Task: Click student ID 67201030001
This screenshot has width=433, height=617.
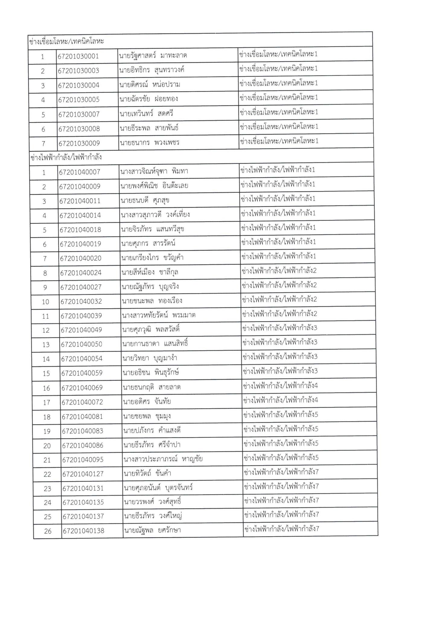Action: pos(78,56)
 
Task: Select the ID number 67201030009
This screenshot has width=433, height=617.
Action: pos(79,143)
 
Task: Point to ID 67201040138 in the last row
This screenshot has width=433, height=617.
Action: pos(83,531)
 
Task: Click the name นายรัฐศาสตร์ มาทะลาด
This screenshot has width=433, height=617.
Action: pos(153,55)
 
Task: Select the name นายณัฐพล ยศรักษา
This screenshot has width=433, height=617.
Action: pos(152,530)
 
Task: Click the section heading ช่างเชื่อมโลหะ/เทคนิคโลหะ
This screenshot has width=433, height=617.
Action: pos(67,41)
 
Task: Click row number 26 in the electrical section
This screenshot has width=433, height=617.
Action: pos(48,531)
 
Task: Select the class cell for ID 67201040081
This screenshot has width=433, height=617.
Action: pos(281,415)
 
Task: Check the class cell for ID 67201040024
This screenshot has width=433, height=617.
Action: pos(279,271)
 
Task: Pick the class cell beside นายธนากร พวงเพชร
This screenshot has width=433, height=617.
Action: pos(278,141)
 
